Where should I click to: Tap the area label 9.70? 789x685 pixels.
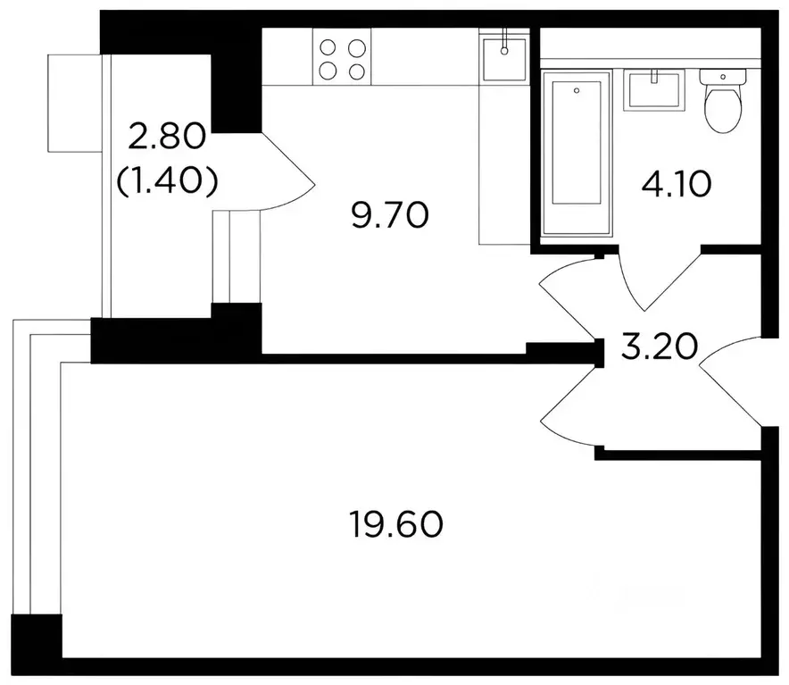(x=390, y=215)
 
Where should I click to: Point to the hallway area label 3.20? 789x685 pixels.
(x=659, y=346)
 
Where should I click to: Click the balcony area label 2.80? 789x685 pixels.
(x=167, y=138)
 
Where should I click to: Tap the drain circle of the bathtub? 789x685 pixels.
(x=577, y=89)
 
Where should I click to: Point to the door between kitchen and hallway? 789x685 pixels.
(x=571, y=296)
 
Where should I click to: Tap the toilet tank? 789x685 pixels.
(x=724, y=78)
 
